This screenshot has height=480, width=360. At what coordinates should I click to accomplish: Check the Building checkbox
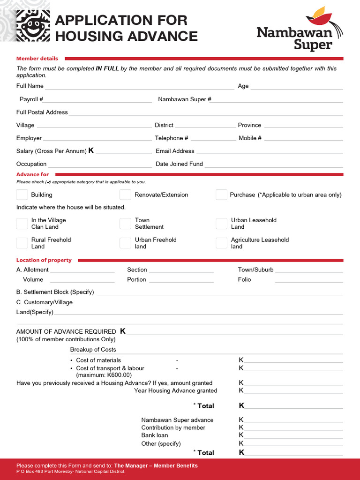[22, 195]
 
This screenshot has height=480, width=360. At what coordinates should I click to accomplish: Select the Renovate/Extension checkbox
[125, 195]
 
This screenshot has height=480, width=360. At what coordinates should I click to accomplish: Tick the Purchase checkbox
[221, 195]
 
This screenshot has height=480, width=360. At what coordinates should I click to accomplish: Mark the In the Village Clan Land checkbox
[22, 224]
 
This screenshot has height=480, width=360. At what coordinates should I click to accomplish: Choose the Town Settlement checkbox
[125, 224]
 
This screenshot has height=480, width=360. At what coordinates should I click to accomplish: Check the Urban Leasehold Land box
[221, 224]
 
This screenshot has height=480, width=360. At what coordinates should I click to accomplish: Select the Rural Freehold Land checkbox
[22, 243]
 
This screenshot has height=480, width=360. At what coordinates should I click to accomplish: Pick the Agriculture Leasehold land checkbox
[221, 243]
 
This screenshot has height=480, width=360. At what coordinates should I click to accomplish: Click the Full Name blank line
[139, 87]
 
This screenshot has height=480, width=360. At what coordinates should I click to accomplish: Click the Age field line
[296, 87]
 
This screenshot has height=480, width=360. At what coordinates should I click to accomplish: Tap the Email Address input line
[269, 151]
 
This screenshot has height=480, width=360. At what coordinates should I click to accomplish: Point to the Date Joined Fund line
[274, 165]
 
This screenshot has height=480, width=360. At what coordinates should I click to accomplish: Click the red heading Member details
[37, 59]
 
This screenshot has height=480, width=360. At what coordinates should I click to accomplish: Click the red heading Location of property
[44, 260]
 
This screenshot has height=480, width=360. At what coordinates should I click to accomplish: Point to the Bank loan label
[155, 435]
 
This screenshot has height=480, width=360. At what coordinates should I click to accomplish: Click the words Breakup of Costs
[93, 350]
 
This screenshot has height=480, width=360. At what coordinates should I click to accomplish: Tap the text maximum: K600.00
[104, 375]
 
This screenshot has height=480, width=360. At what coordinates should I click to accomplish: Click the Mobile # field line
[303, 139]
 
